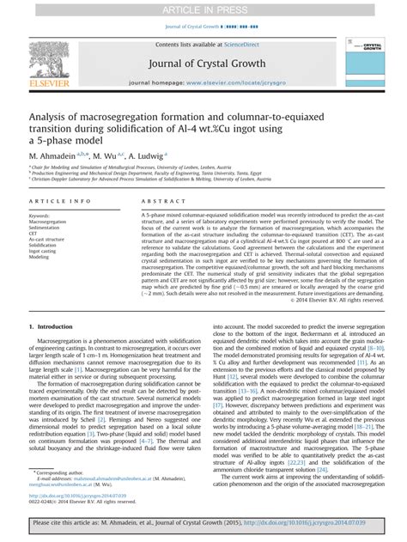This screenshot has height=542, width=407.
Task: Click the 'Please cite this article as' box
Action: click(x=203, y=521)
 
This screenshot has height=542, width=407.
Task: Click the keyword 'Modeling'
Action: click(x=39, y=256)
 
